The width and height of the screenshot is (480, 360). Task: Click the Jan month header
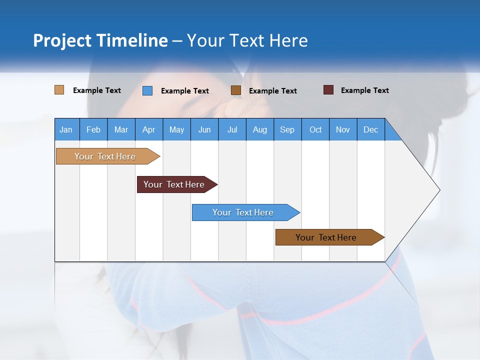[66, 129]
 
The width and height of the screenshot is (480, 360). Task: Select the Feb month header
[93, 129]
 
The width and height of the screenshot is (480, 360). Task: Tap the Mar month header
[121, 129]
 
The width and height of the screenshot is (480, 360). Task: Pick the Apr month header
[149, 129]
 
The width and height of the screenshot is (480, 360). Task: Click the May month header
[176, 129]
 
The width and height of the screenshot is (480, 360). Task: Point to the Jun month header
[204, 129]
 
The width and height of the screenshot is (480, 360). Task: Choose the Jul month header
[232, 129]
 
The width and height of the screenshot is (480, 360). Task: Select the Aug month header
[260, 129]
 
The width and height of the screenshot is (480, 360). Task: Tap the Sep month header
[287, 129]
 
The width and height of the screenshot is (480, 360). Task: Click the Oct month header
[315, 129]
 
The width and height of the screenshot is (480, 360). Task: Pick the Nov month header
[343, 129]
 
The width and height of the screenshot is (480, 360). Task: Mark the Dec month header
[371, 129]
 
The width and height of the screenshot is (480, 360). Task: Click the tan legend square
[59, 90]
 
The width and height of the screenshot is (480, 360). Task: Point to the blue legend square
[147, 90]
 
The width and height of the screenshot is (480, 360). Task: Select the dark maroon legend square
[328, 90]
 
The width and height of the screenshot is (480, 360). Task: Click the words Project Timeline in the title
[100, 40]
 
